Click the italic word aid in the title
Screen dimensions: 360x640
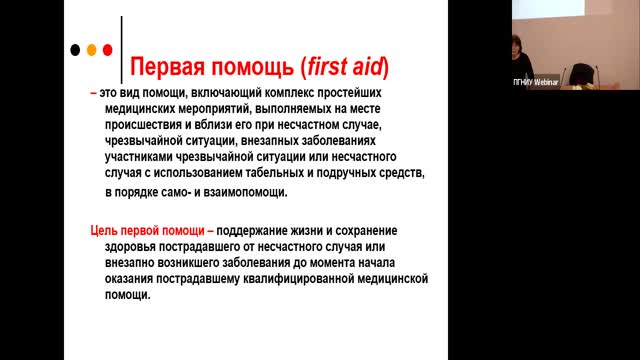click(372, 67)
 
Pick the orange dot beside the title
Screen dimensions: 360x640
click(93, 49)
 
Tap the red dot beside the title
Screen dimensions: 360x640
click(109, 49)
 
